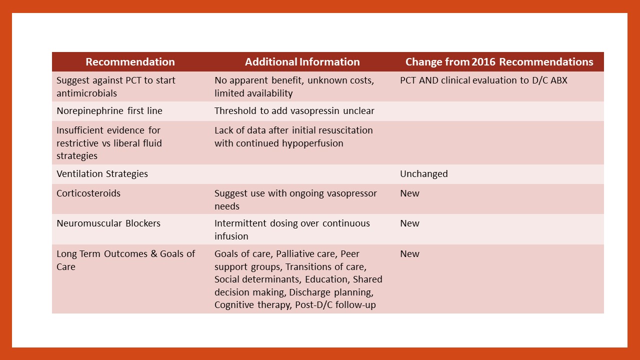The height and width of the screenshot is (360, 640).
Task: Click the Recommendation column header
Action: pos(130,62)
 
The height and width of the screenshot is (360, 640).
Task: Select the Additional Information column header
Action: pos(302,62)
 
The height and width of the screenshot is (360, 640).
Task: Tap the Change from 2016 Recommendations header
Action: pos(499,62)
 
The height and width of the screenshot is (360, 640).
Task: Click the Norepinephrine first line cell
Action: pos(109,111)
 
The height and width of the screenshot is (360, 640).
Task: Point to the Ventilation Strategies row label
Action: pos(102,174)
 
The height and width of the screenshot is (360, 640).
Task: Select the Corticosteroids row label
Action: pos(88,193)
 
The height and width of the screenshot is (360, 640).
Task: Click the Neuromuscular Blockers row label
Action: pos(108,223)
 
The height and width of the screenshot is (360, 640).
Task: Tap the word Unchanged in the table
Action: pos(423,174)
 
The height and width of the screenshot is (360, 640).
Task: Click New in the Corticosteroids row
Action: pos(409,193)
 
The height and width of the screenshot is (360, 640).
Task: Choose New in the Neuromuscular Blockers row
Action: pos(409,223)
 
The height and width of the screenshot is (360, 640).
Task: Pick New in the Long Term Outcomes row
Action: pos(409,254)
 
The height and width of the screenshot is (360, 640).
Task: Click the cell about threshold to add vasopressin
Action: pos(294,111)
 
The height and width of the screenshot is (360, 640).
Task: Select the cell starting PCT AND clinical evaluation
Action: pos(483,80)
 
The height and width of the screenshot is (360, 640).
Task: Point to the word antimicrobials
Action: pos(86,93)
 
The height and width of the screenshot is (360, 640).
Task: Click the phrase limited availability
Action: pos(253,93)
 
